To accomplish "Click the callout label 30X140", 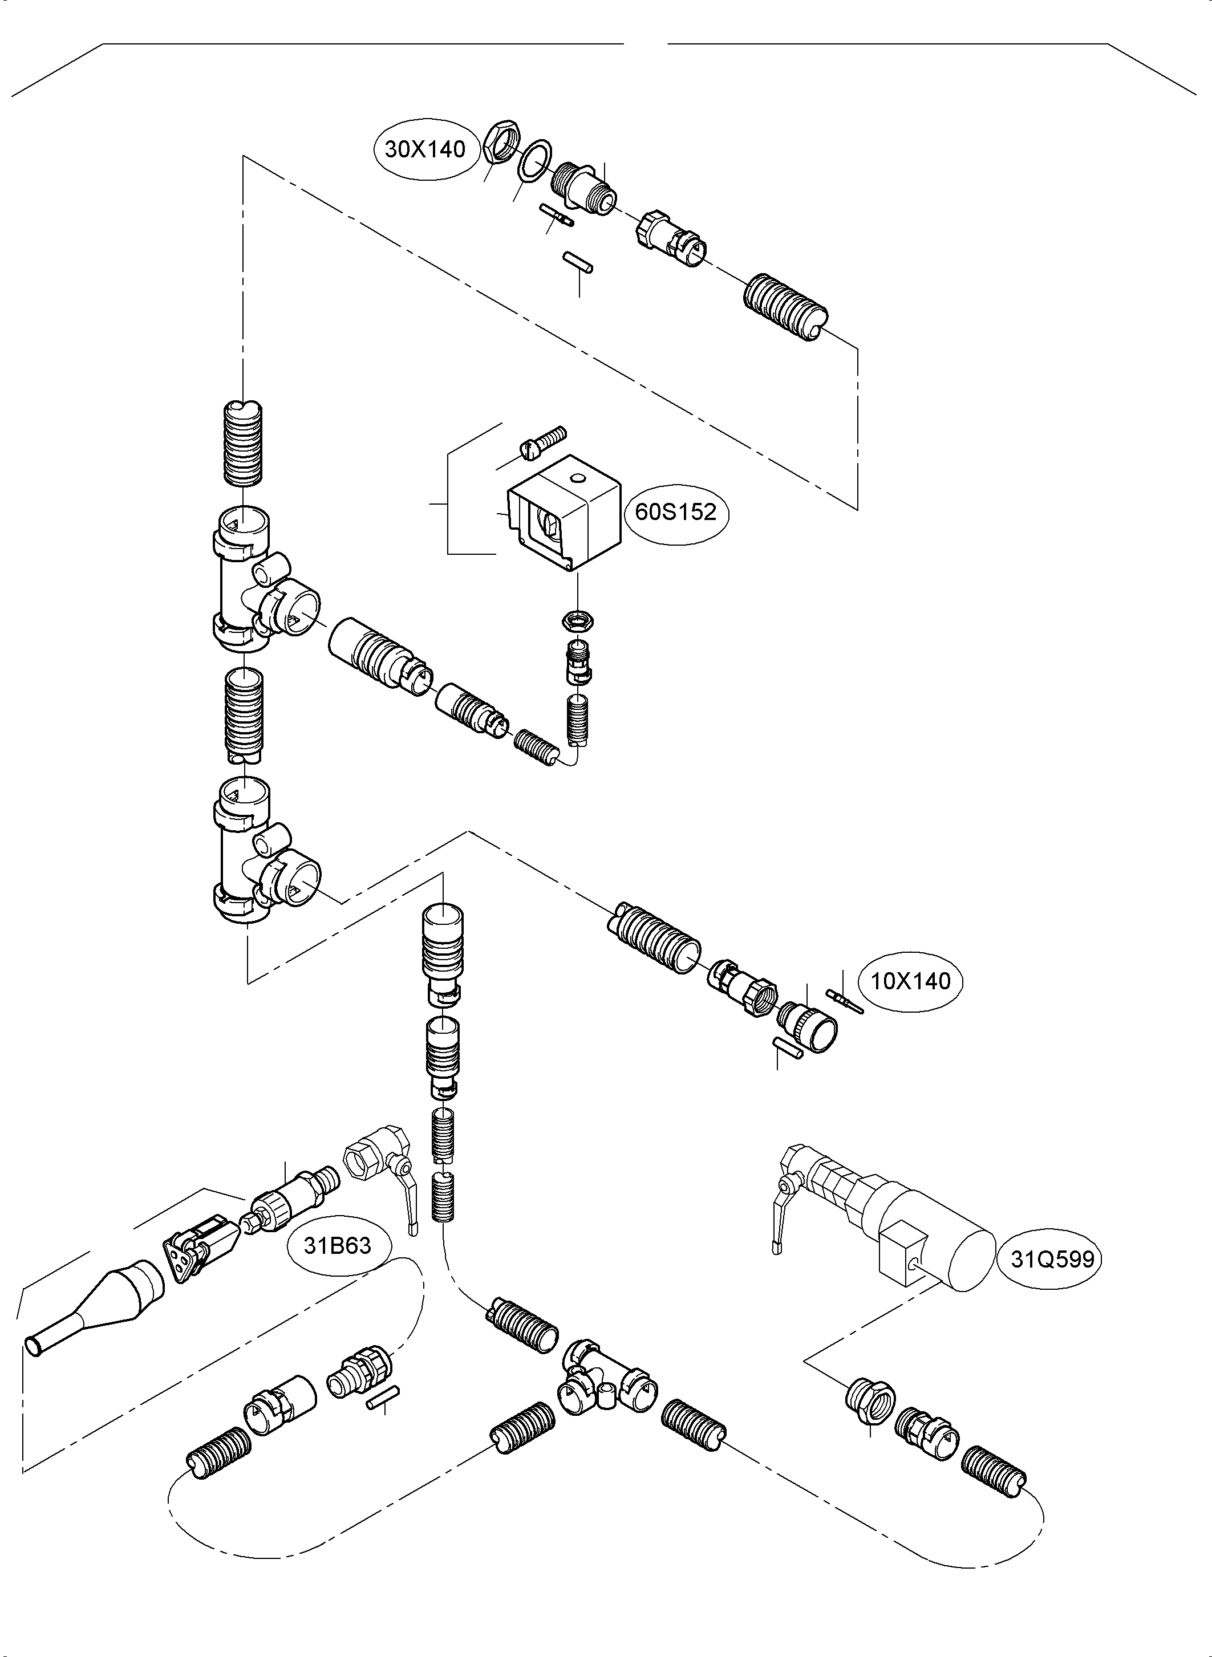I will (425, 149).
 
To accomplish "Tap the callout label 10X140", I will (910, 981).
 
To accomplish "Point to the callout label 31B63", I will (338, 1245).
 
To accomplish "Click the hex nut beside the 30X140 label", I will (500, 141).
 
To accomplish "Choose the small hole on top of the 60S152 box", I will (579, 480).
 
